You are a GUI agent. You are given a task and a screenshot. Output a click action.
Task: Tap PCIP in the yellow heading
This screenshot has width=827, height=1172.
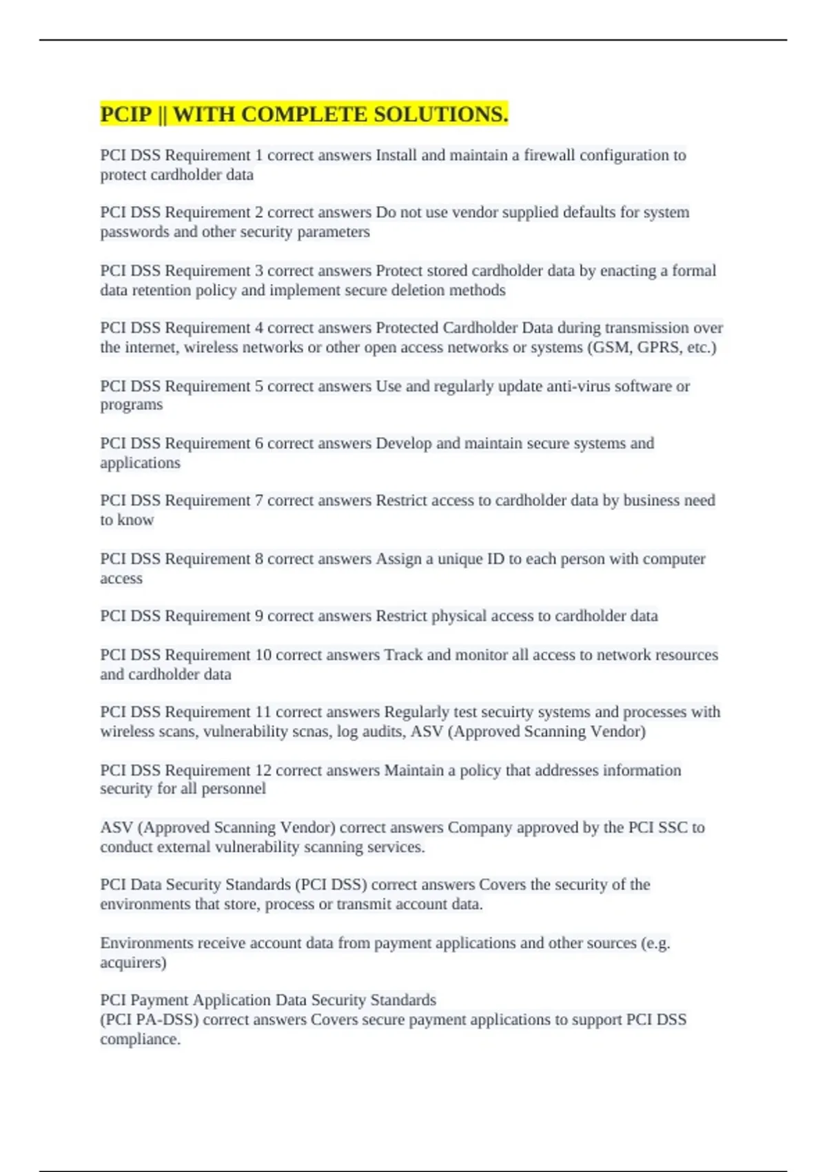pyautogui.click(x=125, y=114)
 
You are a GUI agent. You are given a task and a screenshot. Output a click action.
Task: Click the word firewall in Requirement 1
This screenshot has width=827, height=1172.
pyautogui.click(x=549, y=155)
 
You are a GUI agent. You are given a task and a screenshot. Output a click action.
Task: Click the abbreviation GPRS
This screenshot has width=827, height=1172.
pyautogui.click(x=660, y=347)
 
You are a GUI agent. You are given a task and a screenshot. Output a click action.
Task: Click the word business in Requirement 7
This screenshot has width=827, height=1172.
pyautogui.click(x=651, y=501)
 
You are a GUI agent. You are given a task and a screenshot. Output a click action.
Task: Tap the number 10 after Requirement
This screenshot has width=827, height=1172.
pyautogui.click(x=263, y=655)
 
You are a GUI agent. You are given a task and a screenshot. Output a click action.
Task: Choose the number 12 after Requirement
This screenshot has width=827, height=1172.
pyautogui.click(x=263, y=770)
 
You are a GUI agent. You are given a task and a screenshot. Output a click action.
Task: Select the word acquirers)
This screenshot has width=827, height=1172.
pyautogui.click(x=133, y=962)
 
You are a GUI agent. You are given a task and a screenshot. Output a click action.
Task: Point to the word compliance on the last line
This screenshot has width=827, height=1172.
pyautogui.click(x=140, y=1040)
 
